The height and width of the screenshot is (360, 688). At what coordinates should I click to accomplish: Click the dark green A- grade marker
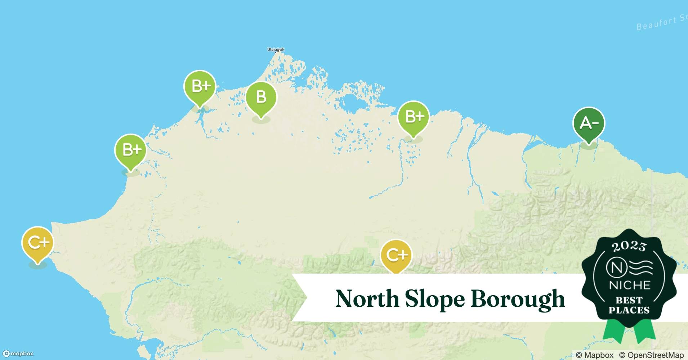[589, 124]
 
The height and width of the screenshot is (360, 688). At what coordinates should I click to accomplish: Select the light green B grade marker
[261, 98]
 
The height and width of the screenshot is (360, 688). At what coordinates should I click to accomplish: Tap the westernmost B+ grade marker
[131, 150]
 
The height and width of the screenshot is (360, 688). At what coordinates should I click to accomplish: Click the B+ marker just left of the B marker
[200, 86]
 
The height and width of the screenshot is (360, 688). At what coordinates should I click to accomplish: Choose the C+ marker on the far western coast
[37, 243]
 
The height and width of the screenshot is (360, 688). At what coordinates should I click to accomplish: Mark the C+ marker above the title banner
[396, 255]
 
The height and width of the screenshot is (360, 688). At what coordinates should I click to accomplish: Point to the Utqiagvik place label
[276, 49]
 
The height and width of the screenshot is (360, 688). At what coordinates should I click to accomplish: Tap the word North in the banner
[367, 298]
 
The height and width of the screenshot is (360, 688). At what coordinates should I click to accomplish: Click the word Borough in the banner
[517, 299]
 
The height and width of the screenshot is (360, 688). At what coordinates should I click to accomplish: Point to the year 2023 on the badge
[629, 246]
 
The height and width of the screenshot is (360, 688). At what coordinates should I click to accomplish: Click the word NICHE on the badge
[629, 285]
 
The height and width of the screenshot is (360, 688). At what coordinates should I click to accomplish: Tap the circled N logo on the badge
[616, 267]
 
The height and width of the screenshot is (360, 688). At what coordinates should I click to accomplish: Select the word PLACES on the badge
[629, 310]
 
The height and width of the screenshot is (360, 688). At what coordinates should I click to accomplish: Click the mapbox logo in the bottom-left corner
[18, 354]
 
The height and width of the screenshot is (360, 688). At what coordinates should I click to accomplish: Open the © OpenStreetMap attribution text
[651, 355]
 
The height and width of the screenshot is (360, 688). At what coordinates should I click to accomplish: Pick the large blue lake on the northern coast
[353, 103]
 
